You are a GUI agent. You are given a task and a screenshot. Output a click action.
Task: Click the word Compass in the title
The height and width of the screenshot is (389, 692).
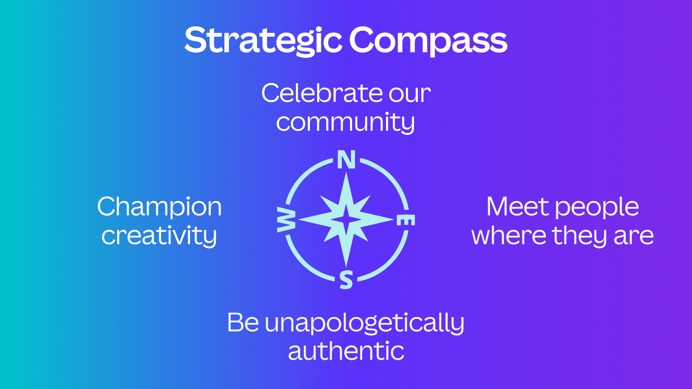coord(428,40)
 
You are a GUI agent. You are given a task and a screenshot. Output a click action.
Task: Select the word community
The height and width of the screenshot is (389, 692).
coord(345,122)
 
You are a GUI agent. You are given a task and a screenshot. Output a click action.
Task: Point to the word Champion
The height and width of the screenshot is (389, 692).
coord(159,207)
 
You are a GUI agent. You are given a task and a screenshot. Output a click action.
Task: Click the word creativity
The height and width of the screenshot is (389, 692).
coord(159,236)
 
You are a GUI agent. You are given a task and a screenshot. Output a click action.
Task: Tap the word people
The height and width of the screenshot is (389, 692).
coord(597,208)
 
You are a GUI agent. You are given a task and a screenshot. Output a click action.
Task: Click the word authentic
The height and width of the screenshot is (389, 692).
coord(346,351)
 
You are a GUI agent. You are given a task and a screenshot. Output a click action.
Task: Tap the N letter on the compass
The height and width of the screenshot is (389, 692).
coord(346,160)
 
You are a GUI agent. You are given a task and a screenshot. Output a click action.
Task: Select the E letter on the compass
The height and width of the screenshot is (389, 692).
coord(406,220)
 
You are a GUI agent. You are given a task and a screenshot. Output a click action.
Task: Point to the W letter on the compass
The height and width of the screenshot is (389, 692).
coord(286,220)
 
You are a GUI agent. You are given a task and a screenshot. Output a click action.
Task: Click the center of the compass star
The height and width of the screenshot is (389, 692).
coord(346,219)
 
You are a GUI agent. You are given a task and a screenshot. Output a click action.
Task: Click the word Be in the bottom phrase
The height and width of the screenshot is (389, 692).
coord(243,322)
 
